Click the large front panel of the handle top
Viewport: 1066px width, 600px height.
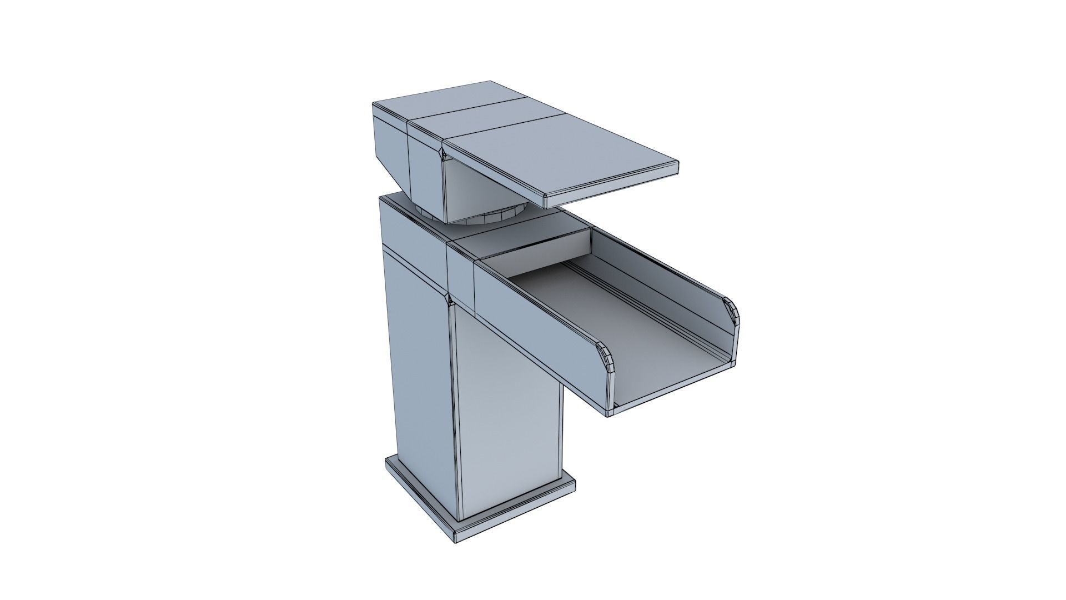[561, 156]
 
